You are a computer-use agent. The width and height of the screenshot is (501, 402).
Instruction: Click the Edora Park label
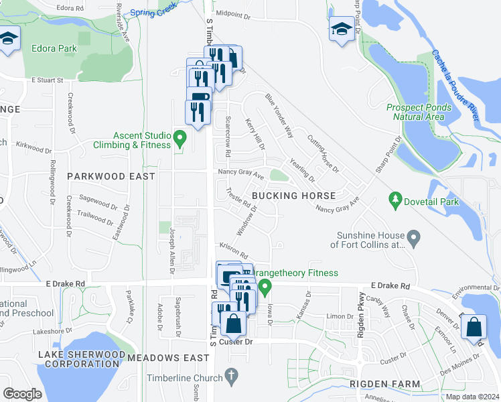coord(54,48)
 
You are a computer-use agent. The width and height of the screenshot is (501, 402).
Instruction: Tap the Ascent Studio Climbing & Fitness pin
coord(179,139)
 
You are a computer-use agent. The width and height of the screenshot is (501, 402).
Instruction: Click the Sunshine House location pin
coord(414,236)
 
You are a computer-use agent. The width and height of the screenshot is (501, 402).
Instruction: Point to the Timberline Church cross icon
coord(232,377)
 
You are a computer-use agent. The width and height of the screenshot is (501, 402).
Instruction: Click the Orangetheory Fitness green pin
coord(265,289)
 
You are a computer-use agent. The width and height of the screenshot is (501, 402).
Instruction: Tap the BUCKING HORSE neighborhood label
coord(294,196)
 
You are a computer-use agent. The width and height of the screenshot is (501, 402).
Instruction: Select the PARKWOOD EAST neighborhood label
coord(111,176)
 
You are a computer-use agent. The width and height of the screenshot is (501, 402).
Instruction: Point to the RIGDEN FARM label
coord(384,384)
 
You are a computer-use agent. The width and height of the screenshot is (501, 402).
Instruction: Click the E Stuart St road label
coord(47,80)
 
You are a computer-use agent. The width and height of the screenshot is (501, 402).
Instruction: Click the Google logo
coord(23,393)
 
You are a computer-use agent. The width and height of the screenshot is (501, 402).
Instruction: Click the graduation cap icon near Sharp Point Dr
coord(341,29)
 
